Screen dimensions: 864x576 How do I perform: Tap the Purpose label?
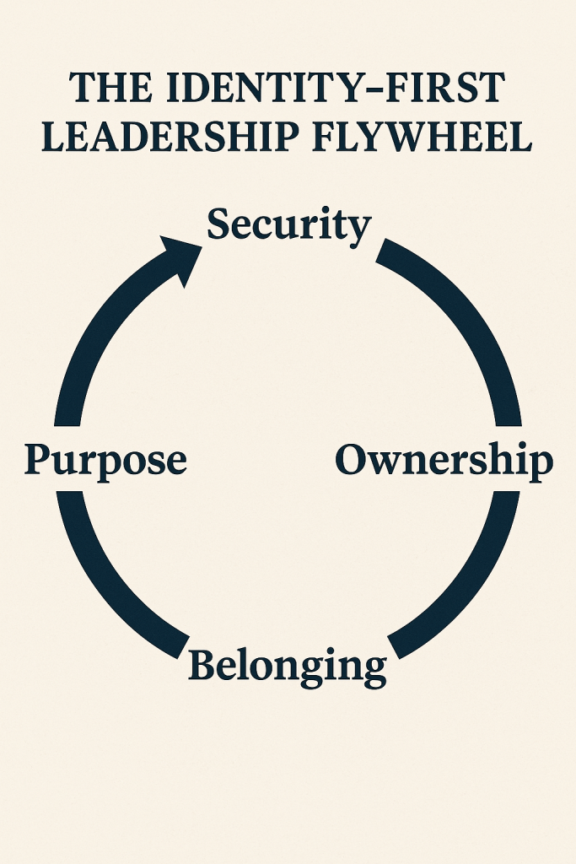point(105,462)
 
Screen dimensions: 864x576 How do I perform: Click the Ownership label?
point(444,462)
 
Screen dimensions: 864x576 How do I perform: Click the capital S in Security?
point(220,224)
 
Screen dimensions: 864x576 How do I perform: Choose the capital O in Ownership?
point(353,460)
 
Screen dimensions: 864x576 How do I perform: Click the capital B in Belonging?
point(203,666)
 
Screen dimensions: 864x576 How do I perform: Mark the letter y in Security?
point(359,229)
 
